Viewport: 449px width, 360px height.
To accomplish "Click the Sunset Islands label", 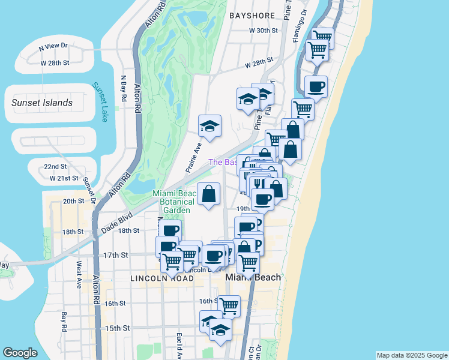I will pyautogui.click(x=42, y=103).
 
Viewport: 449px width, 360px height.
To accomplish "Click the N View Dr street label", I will pyautogui.click(x=53, y=46).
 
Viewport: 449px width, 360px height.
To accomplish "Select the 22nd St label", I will pyautogui.click(x=55, y=166).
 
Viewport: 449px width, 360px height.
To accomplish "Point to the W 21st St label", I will pyautogui.click(x=64, y=178).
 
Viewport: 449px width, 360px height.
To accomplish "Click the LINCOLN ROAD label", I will pyautogui.click(x=155, y=279).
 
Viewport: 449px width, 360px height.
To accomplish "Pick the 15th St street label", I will pyautogui.click(x=118, y=328).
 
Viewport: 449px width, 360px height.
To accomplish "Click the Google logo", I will pyautogui.click(x=21, y=353).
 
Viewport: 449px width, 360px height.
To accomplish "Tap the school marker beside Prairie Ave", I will pyautogui.click(x=209, y=126).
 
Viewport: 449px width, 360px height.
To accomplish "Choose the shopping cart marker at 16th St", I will pyautogui.click(x=229, y=306).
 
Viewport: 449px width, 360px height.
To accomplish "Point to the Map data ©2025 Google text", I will pyautogui.click(x=412, y=355).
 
